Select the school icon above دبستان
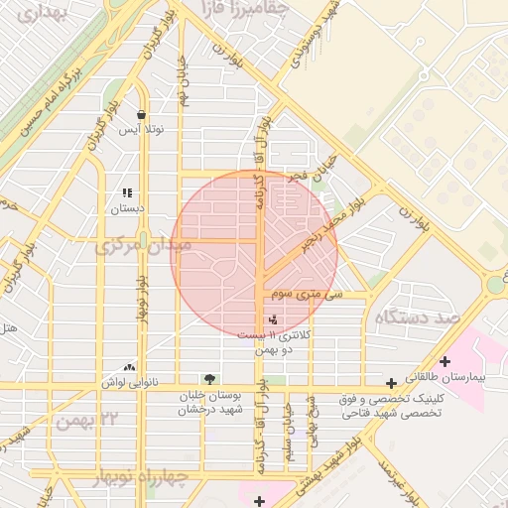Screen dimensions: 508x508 (126, 192)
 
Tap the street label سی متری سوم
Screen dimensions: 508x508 (309, 295)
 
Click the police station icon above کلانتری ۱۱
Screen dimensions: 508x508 (273, 318)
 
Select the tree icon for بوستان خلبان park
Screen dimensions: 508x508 (208, 378)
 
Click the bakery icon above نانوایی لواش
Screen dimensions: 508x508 (128, 366)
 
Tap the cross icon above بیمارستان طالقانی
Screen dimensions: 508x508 (444, 361)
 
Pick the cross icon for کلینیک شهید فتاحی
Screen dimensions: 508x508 (392, 382)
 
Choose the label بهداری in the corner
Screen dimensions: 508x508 (26, 12)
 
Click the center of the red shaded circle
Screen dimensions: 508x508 (255, 253)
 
